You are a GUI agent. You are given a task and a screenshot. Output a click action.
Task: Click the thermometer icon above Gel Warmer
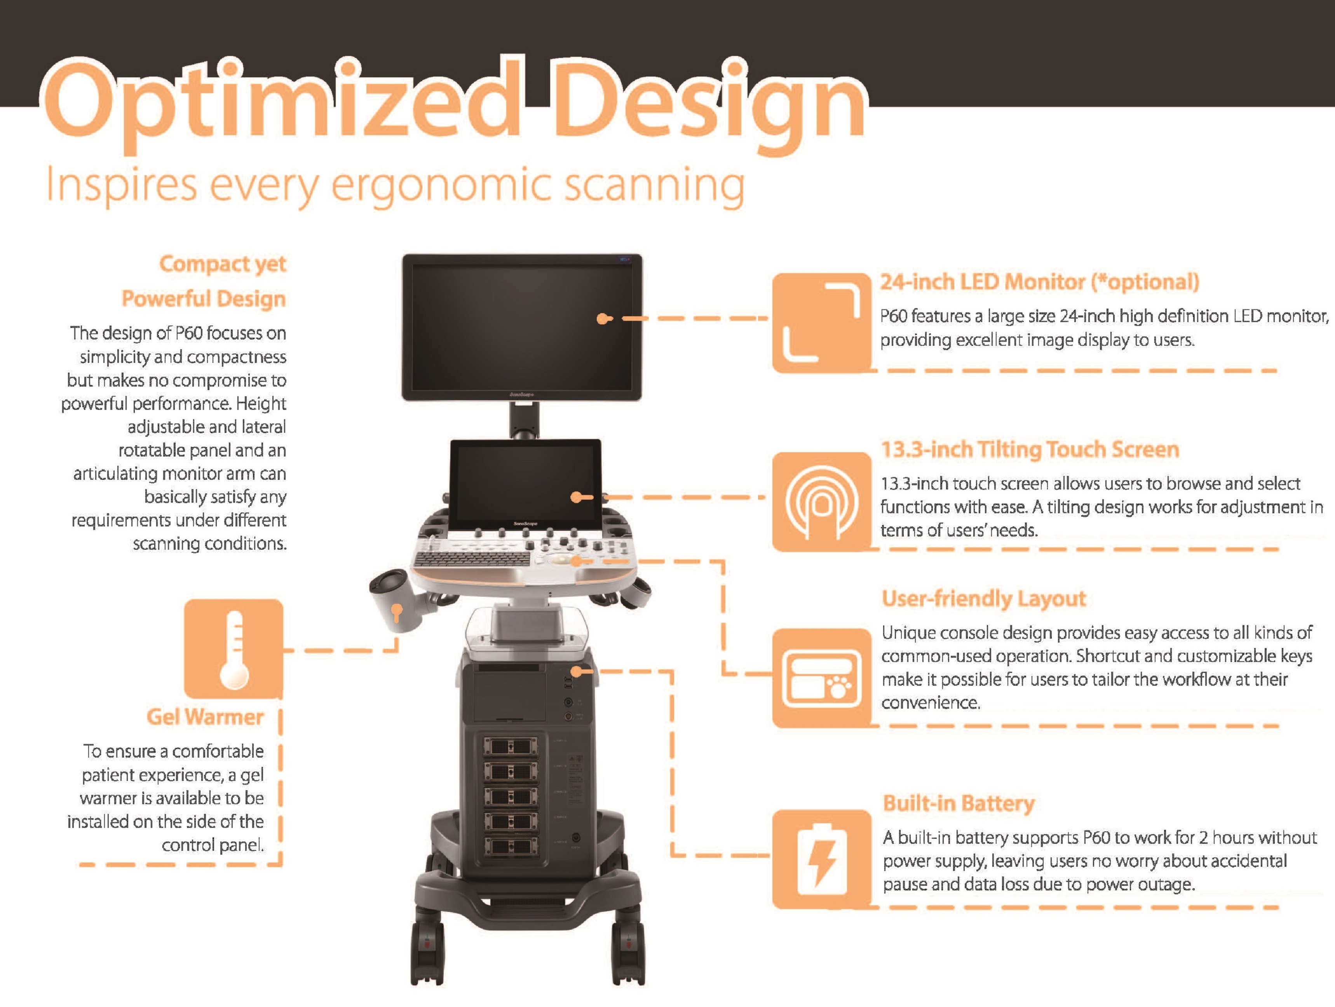click(234, 649)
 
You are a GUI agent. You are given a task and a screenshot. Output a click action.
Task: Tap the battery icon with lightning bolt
click(821, 859)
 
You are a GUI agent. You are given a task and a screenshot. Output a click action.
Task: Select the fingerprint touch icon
click(821, 502)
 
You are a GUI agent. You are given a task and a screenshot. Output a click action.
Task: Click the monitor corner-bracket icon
click(821, 323)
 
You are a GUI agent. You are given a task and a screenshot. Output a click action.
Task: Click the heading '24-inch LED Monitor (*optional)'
click(1039, 282)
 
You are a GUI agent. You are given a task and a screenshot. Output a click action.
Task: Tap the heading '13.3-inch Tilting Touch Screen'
click(1030, 449)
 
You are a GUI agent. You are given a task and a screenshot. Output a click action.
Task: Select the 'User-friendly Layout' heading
click(984, 599)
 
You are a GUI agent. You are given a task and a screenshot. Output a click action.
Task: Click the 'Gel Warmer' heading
click(205, 717)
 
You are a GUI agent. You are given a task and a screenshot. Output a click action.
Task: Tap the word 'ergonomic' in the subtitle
click(441, 186)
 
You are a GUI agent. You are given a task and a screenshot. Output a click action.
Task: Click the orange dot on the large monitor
click(602, 319)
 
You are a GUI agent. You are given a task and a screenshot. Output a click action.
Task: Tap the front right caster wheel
click(627, 953)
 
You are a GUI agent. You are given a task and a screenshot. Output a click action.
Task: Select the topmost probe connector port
click(511, 747)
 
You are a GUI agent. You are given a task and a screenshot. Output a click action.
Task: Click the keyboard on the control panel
click(471, 558)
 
